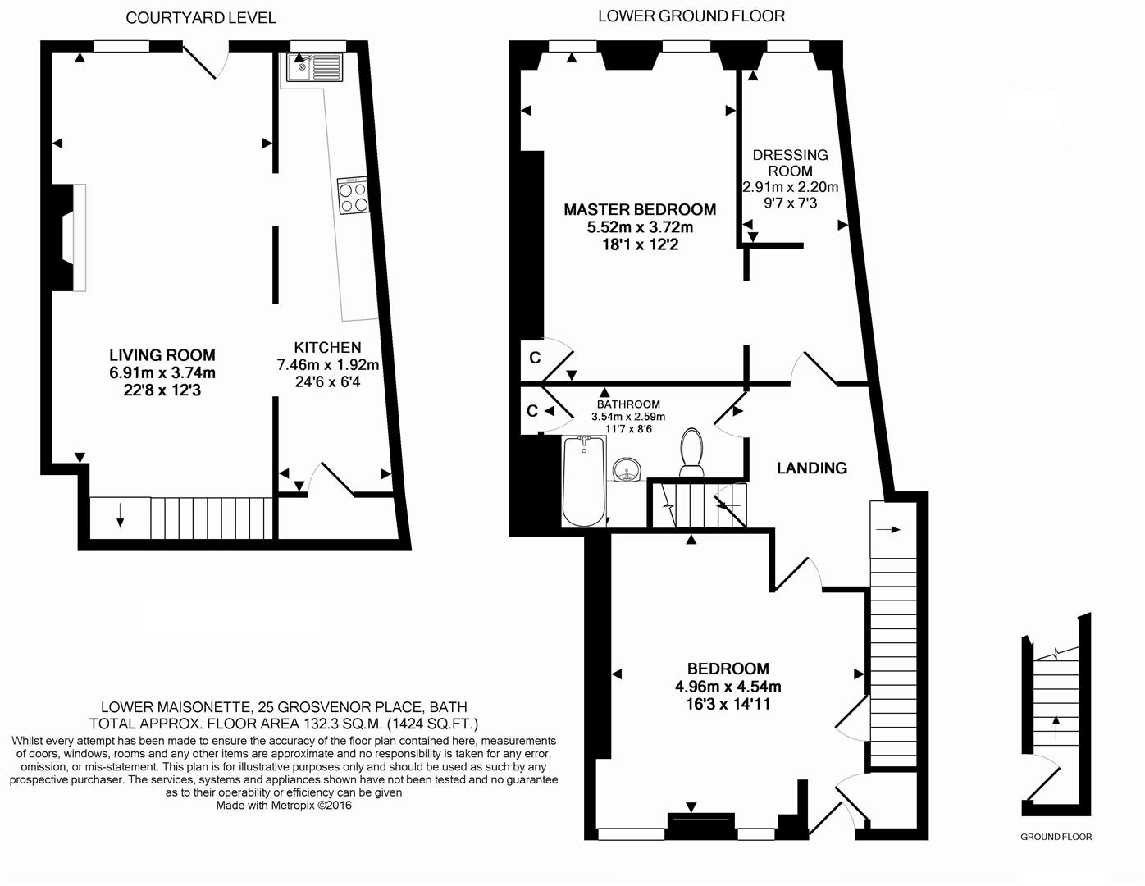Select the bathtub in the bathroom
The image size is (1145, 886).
584,481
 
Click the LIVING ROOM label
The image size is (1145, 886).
162,355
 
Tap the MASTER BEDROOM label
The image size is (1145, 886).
640,210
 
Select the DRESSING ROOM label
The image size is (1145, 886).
790,162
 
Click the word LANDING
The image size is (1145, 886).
811,468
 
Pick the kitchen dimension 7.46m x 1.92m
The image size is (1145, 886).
328,365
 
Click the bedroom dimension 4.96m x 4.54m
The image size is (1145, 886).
728,687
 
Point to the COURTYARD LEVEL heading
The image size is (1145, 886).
201,18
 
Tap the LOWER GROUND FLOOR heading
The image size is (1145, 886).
691,16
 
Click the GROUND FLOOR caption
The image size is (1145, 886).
1056,837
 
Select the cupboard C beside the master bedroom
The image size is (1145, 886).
535,358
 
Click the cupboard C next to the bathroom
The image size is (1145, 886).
532,410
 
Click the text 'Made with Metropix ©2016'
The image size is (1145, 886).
284,806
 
